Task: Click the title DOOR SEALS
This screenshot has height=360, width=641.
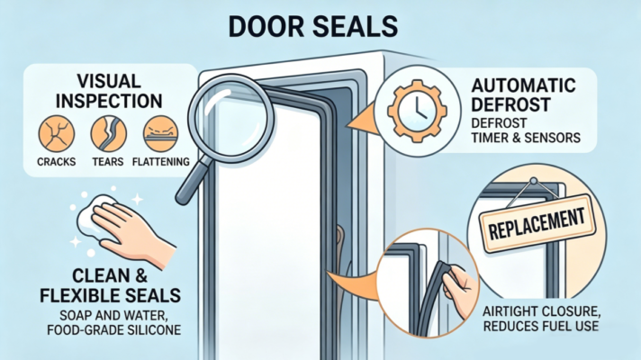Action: pos(313,27)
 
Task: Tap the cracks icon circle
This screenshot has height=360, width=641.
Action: pos(57,133)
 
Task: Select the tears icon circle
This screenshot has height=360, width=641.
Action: pos(109,133)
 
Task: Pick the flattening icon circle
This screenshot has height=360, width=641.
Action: pos(161,133)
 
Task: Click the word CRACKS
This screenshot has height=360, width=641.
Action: pos(57,162)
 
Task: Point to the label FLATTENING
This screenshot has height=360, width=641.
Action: pos(161,162)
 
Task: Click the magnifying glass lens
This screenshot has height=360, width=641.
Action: pos(231,118)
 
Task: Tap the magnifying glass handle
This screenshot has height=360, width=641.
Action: pos(194,182)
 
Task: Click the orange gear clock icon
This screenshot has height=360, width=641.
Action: pos(418,111)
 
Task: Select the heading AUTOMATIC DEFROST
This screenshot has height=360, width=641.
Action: pos(523,95)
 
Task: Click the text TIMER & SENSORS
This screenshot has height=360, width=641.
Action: pos(526,138)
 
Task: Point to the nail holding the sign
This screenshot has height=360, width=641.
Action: pos(534,181)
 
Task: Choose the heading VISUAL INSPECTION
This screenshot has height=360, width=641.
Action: pos(109,91)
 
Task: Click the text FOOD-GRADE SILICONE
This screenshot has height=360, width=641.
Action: pos(114,329)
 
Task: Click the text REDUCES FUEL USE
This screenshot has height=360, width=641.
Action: pos(541,326)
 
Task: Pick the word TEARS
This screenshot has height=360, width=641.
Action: pos(108,162)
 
